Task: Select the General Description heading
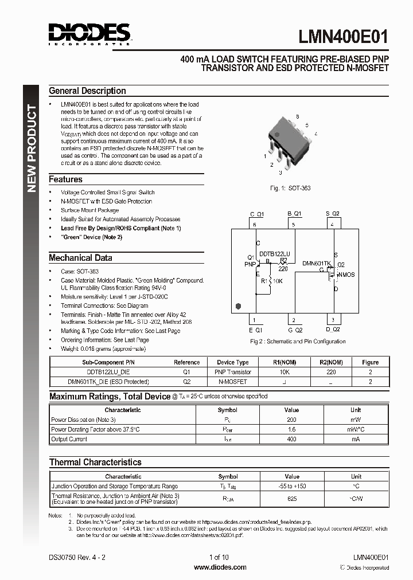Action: tap(87, 91)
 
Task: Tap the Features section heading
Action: tap(65, 179)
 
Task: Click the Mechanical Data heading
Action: tap(80, 258)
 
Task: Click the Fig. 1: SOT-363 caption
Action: tap(290, 188)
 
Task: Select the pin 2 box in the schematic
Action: tap(294, 320)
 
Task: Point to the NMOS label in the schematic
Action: tap(346, 275)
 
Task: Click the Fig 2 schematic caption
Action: tap(298, 342)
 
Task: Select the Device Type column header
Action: tap(232, 362)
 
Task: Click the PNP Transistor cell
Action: tap(232, 372)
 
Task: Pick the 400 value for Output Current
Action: tap(291, 439)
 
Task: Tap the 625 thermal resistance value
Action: tap(292, 499)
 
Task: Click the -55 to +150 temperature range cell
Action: tap(292, 486)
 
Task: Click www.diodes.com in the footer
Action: tap(220, 567)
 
